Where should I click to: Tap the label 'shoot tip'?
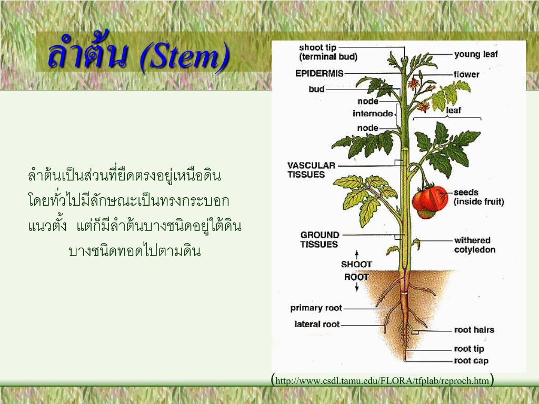317,47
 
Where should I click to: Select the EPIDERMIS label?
320,73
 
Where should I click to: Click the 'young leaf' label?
476,54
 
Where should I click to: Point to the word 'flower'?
466,74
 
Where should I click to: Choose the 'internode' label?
373,114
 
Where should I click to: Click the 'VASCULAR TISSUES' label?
311,170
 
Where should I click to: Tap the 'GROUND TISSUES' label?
320,239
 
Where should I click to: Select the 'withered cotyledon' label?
475,245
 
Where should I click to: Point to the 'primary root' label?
316,308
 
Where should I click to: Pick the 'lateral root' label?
317,324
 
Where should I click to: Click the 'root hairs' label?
474,330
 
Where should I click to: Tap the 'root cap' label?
471,361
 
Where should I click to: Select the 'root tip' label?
469,349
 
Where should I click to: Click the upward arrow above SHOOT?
357,255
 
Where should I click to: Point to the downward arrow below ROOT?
357,287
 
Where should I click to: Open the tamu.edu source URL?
382,381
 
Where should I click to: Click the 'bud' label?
316,89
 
